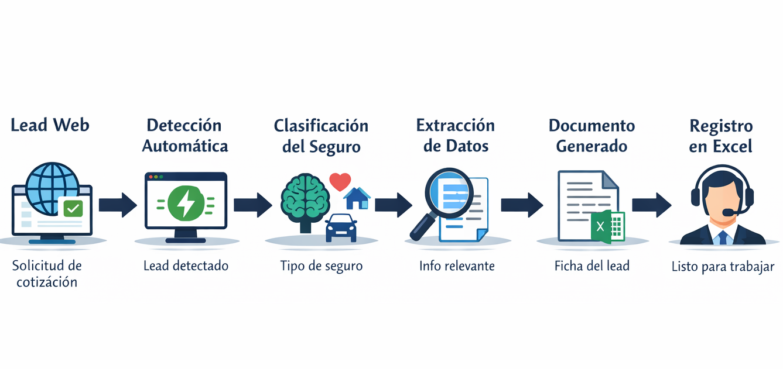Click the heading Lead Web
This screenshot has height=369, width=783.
50,125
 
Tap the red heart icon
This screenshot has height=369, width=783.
340,181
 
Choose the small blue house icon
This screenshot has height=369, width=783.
357,198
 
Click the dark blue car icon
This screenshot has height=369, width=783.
341,227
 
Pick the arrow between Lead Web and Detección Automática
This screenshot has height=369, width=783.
117,205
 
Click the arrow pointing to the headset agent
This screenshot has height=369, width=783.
651,205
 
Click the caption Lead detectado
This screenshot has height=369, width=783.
186,266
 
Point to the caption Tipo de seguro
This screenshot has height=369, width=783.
322,266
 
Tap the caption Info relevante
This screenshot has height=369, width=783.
457,266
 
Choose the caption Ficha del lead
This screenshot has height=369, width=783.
592,266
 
